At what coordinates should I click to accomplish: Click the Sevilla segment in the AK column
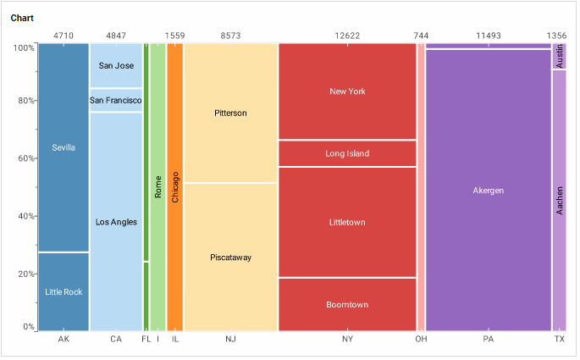64,147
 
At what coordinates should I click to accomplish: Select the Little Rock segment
64,291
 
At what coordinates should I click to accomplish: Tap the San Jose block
116,65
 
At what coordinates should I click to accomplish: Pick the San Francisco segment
116,101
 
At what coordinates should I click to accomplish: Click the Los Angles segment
116,222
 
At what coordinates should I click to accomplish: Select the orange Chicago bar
175,186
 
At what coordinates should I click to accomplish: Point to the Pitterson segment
230,113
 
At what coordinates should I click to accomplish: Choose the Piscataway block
230,257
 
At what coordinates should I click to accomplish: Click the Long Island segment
347,153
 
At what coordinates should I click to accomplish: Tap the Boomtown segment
347,304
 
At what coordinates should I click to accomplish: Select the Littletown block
347,222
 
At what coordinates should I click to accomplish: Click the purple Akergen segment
488,191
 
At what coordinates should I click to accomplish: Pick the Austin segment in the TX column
560,57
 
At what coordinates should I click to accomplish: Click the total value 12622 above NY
347,36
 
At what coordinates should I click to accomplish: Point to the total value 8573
230,36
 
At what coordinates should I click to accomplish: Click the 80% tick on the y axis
25,101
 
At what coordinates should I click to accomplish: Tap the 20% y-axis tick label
25,274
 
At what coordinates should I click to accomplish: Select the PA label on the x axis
488,340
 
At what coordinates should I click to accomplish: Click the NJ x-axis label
230,340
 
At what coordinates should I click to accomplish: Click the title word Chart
22,18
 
